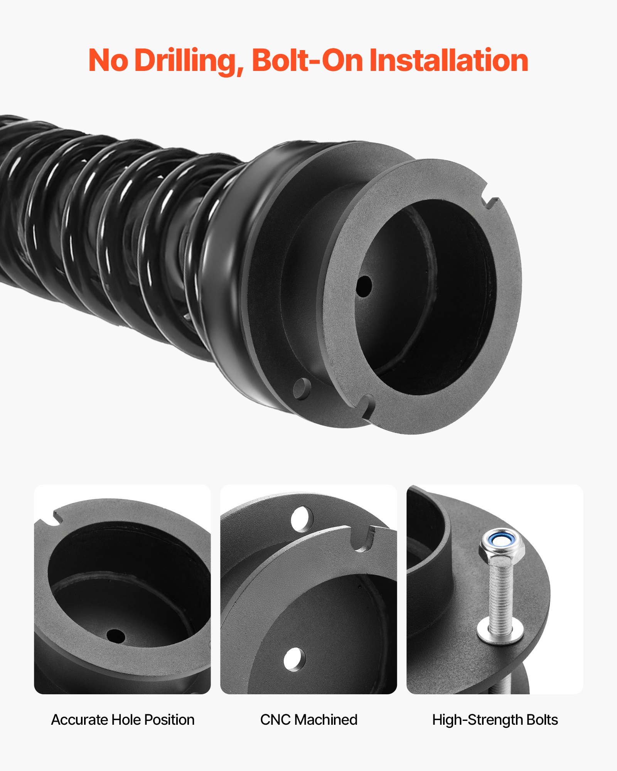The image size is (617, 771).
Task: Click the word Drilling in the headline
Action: (189, 61)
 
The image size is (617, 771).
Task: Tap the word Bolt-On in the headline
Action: (307, 61)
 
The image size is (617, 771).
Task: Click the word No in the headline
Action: (108, 61)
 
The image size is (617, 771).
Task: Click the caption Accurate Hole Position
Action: (123, 720)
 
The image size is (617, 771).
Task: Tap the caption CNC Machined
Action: (308, 720)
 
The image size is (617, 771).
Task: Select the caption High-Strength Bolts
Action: (495, 720)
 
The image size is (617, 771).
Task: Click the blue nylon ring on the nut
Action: (501, 540)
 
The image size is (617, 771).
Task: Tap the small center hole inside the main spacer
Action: (364, 286)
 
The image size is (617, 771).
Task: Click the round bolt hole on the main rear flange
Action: (302, 388)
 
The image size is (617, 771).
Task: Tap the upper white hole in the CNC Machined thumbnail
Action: (302, 518)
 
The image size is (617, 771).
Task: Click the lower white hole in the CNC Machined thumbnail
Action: (294, 659)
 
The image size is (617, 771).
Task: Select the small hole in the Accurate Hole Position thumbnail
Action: (115, 636)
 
